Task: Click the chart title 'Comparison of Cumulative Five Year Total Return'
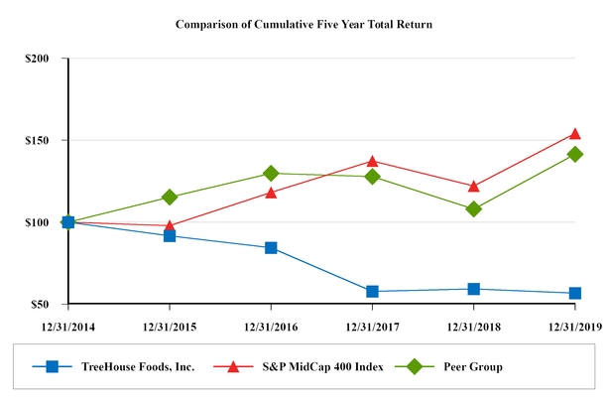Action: click(303, 22)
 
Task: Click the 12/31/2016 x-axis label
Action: click(271, 325)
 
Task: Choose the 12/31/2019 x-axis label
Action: click(575, 325)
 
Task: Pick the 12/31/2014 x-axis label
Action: click(67, 325)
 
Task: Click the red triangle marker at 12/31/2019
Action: click(575, 133)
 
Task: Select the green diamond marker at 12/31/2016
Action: click(271, 174)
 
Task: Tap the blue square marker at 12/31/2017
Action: click(372, 291)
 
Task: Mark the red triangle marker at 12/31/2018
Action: click(474, 186)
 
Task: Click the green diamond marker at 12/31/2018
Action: click(474, 209)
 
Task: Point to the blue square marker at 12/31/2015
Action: click(170, 235)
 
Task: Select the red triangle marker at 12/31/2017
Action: click(372, 161)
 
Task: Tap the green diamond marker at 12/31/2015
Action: click(170, 198)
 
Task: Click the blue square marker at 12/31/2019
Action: click(575, 293)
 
